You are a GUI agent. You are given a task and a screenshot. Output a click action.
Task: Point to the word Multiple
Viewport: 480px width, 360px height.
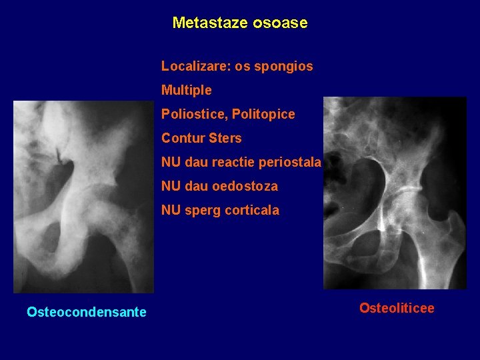tap(186, 90)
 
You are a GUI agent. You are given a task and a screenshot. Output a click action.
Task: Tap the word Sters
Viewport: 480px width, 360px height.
tap(225, 138)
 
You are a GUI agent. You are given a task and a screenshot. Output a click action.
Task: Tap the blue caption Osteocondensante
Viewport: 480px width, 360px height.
tap(87, 312)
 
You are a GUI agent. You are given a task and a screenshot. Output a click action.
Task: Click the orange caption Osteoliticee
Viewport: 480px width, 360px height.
tap(397, 307)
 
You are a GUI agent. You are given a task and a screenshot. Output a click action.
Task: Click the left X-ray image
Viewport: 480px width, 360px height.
tap(83, 197)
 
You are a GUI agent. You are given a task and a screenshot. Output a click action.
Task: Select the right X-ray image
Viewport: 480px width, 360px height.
tap(395, 193)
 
